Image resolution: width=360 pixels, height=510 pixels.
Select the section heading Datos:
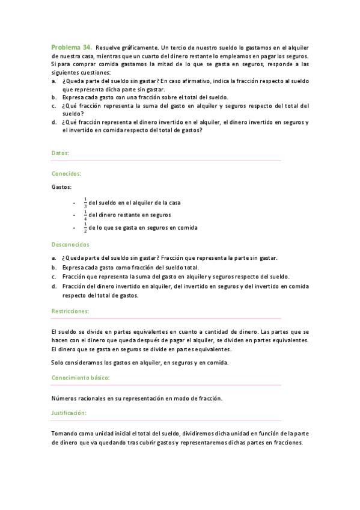(x=60, y=153)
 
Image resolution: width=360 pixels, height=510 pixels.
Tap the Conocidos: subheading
(x=66, y=173)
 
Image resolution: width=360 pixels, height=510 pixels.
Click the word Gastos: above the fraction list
(x=61, y=187)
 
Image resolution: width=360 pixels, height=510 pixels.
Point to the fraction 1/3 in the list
(x=85, y=202)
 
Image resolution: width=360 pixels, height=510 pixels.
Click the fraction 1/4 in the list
(x=85, y=215)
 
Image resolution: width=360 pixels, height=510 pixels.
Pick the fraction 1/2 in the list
(x=85, y=228)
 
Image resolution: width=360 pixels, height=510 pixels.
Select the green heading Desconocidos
(x=70, y=245)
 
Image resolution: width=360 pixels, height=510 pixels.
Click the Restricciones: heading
(x=70, y=311)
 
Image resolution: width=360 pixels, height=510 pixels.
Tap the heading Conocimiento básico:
(x=80, y=378)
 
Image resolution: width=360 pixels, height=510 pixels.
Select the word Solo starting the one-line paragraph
(x=58, y=361)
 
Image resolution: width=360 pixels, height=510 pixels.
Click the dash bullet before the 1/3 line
(x=73, y=203)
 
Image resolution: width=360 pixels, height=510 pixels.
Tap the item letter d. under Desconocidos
(x=54, y=286)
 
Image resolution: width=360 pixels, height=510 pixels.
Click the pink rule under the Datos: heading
(x=166, y=161)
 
